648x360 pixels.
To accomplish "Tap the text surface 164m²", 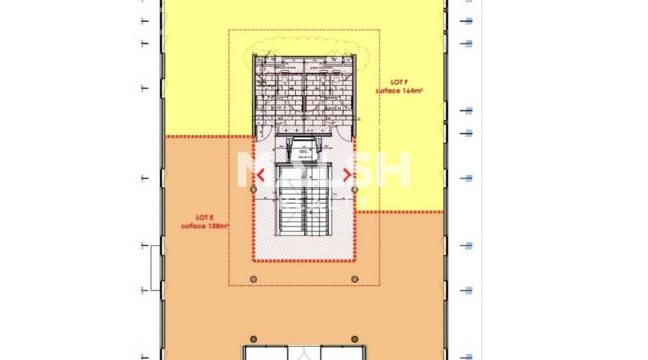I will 398,91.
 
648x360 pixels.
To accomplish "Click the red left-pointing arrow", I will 261,174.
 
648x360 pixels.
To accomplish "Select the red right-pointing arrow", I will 347,174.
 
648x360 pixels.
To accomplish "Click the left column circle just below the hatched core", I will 253,279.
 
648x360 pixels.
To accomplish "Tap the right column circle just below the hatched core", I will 354,279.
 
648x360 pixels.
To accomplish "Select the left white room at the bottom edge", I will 266,353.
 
